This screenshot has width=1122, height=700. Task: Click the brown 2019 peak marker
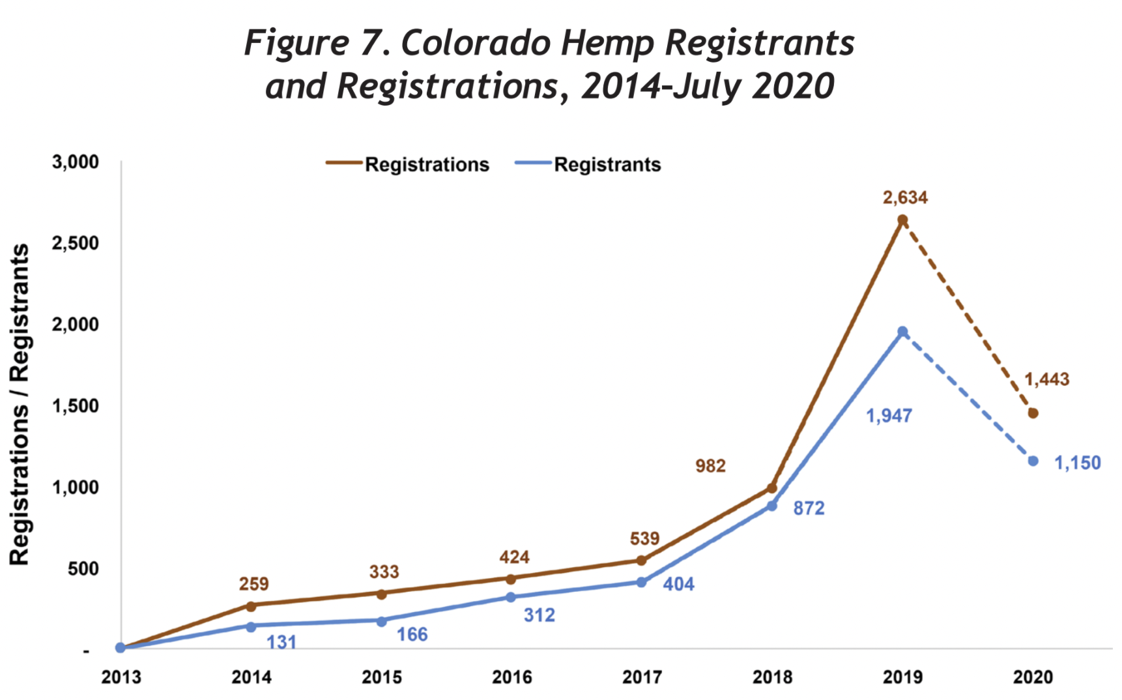902,220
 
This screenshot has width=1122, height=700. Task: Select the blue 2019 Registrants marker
902,332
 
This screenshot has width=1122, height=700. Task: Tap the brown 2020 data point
1033,413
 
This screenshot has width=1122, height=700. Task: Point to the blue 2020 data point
1033,461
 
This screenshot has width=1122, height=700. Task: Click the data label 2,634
905,197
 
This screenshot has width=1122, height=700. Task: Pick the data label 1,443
1046,379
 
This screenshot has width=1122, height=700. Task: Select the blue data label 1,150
1078,463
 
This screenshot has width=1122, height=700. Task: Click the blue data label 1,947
889,416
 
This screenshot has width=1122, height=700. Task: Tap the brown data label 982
710,466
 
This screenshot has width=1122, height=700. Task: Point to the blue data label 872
809,508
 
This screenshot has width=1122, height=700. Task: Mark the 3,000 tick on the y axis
76,162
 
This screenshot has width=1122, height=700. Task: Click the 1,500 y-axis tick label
76,406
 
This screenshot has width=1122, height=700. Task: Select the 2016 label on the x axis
511,678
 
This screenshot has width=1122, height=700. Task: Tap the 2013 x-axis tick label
121,678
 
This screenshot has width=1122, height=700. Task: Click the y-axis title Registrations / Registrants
20,405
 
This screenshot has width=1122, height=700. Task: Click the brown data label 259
253,584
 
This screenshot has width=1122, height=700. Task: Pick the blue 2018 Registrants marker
771,506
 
